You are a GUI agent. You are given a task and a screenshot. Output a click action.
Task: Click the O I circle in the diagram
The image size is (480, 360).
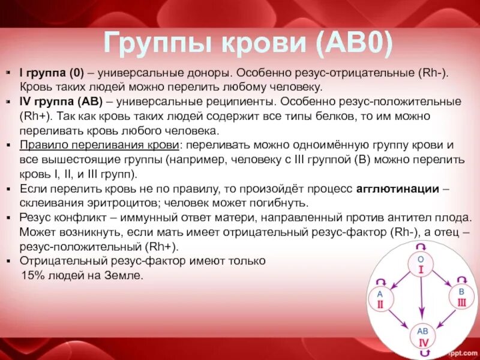[x=421, y=264]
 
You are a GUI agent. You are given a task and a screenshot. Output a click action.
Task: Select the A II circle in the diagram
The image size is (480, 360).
[x=380, y=298]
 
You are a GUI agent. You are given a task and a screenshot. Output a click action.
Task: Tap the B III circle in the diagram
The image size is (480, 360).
[x=461, y=298]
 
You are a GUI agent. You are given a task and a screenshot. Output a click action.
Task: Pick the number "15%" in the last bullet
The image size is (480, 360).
[x=33, y=276]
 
